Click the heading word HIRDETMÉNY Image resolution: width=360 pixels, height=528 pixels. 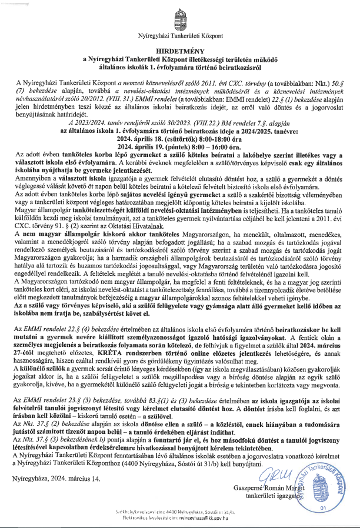(x=179, y=51)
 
